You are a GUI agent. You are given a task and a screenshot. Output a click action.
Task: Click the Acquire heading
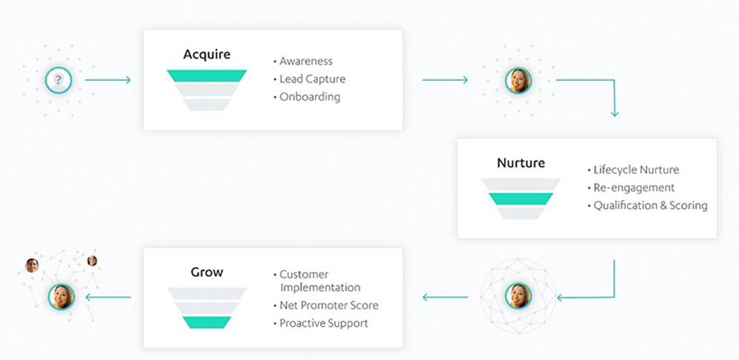[x=207, y=55]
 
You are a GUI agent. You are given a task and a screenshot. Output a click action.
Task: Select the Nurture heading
[x=521, y=163]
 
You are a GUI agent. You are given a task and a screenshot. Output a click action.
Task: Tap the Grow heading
[x=207, y=273]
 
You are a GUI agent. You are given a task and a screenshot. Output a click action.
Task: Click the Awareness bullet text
[x=306, y=61]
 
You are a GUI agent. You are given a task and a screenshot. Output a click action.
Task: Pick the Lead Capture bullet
[x=312, y=79]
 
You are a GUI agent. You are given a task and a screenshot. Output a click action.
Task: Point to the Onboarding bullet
[x=310, y=97]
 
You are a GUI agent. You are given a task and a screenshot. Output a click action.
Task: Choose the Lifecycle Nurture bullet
[x=636, y=170]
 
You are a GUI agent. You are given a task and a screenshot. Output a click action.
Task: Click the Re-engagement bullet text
[x=634, y=188]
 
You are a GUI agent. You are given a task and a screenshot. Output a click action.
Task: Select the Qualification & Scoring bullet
[x=650, y=206]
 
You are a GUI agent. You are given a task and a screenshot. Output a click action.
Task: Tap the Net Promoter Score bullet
[x=329, y=306]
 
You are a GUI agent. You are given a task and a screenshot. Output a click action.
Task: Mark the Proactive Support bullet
[x=324, y=324]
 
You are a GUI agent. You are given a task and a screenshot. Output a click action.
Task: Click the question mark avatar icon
[x=58, y=80]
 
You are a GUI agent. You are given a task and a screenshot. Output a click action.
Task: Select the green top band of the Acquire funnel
[x=207, y=76]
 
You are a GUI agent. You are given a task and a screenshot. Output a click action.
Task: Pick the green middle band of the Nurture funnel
[x=521, y=199]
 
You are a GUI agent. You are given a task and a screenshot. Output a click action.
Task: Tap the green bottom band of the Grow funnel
[x=207, y=322]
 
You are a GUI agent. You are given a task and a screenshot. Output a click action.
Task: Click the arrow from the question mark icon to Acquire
[x=108, y=80]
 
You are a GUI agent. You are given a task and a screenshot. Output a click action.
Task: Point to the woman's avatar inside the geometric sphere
[x=518, y=296]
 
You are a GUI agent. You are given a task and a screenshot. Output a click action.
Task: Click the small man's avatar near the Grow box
[x=32, y=265]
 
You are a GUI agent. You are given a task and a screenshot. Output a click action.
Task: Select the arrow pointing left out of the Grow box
[x=108, y=297]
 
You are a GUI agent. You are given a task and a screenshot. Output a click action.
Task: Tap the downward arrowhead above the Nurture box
[x=614, y=113]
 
